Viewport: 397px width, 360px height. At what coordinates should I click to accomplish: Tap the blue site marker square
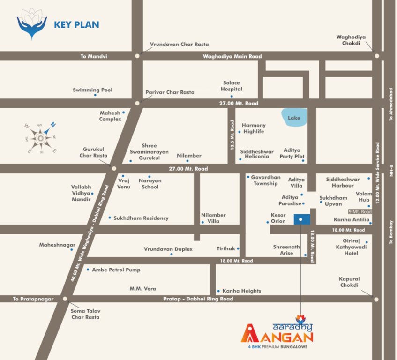click(301, 219)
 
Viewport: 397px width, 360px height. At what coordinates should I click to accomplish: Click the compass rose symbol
click(41, 138)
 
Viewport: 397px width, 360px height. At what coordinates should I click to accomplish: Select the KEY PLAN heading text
click(76, 24)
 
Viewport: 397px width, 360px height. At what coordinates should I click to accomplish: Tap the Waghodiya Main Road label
click(232, 56)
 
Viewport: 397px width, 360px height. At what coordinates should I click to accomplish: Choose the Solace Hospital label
click(232, 86)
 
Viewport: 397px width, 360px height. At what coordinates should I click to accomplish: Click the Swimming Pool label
click(93, 90)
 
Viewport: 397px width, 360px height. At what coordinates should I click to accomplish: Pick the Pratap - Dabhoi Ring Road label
click(198, 299)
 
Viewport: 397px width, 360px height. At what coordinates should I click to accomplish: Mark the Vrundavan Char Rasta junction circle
click(137, 55)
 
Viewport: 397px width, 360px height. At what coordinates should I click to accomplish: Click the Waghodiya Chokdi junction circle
click(376, 55)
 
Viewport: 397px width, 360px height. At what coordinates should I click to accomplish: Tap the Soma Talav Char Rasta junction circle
click(65, 299)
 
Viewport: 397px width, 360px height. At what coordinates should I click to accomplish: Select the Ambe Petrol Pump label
click(116, 270)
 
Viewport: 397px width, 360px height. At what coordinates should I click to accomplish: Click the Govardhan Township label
click(266, 180)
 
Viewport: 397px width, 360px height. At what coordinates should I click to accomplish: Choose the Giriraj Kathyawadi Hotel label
click(345, 247)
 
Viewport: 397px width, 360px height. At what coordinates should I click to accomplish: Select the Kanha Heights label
click(241, 291)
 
